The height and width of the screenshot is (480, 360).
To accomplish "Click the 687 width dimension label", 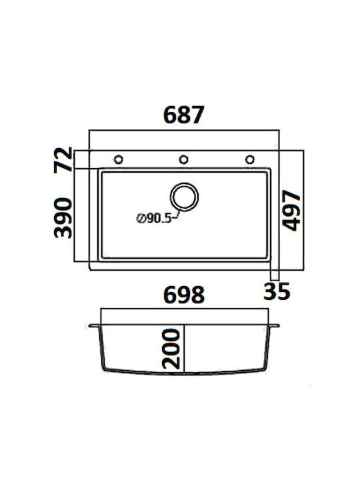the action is click(x=184, y=115).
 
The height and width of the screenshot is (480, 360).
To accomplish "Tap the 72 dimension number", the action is click(x=63, y=160).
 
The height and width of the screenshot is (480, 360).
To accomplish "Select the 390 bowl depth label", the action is click(x=63, y=217).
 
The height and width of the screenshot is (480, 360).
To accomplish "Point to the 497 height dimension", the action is click(x=291, y=210).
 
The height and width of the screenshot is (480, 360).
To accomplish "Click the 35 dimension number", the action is click(x=277, y=291).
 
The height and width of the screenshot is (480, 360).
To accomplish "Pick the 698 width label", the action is click(x=184, y=295).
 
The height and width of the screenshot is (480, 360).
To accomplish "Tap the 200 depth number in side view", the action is click(x=171, y=349).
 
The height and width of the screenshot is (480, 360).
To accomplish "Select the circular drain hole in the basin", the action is click(x=184, y=197).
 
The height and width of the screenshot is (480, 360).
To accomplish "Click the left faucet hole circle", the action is click(x=119, y=159).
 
